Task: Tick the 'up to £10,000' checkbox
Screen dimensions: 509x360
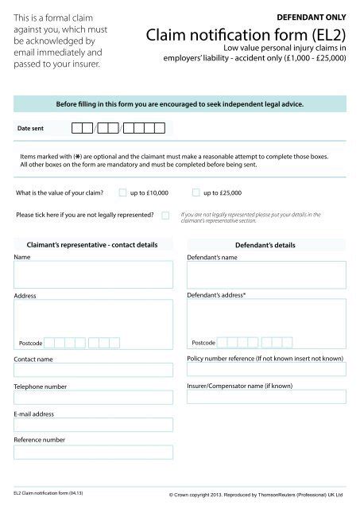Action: tap(122, 192)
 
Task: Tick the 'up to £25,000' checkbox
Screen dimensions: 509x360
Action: tap(196, 192)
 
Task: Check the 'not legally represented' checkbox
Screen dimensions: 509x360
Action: tap(165, 216)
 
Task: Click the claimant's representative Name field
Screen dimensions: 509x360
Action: tap(93, 274)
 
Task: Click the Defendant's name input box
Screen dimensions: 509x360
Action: tap(266, 274)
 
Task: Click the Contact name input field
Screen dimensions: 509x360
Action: tap(93, 370)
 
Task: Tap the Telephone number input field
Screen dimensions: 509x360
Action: tap(93, 397)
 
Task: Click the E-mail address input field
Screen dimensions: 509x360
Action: tap(93, 425)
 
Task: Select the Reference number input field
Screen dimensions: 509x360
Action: tap(93, 452)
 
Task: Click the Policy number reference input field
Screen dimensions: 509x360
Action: tap(266, 370)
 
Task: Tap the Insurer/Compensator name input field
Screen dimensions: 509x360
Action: tap(266, 397)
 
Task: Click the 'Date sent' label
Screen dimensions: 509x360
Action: tap(33, 127)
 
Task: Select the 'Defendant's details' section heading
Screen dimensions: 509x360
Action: tap(266, 245)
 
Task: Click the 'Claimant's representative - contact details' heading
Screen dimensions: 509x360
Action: tap(93, 245)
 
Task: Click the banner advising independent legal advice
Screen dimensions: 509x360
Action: tap(180, 103)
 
